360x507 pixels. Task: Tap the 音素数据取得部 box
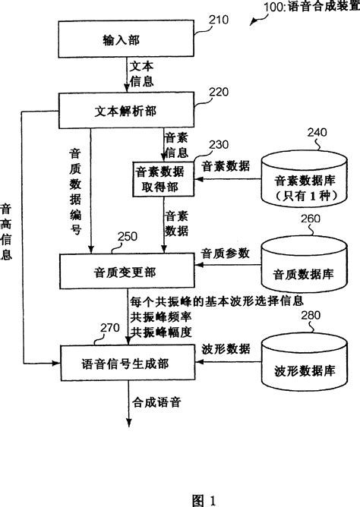click(x=163, y=178)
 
